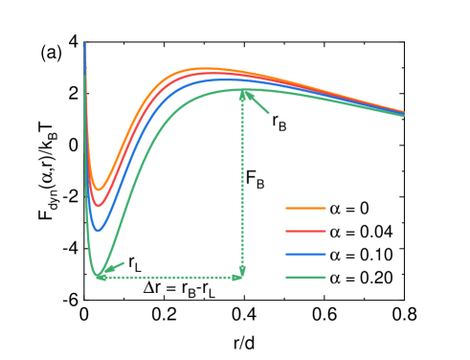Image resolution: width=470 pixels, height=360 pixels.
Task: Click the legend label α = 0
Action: [349, 207]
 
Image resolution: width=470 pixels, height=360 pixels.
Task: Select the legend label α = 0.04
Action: [361, 231]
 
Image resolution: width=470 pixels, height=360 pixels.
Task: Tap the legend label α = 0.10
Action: [361, 255]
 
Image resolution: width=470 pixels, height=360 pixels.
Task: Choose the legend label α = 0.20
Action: [361, 279]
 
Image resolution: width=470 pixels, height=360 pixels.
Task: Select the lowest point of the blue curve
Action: [99, 230]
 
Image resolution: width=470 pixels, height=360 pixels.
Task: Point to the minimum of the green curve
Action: [101, 278]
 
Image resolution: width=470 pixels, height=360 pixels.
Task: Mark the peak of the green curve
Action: [244, 90]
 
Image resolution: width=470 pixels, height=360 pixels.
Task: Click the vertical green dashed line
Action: [243, 182]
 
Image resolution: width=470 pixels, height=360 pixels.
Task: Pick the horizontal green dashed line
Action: [172, 278]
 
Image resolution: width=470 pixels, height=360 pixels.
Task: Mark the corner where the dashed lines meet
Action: [243, 278]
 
